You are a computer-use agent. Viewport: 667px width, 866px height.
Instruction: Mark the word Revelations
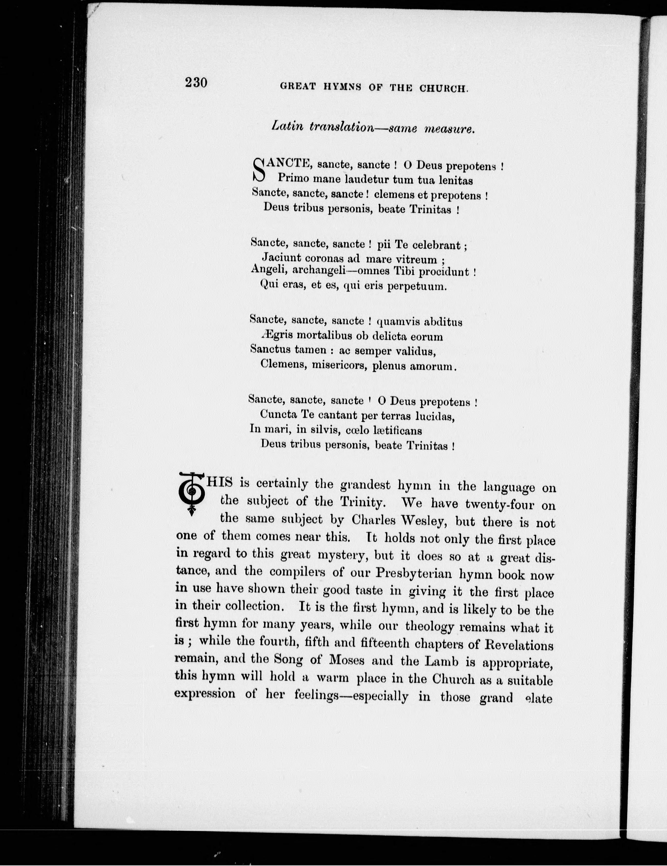pyautogui.click(x=519, y=646)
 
